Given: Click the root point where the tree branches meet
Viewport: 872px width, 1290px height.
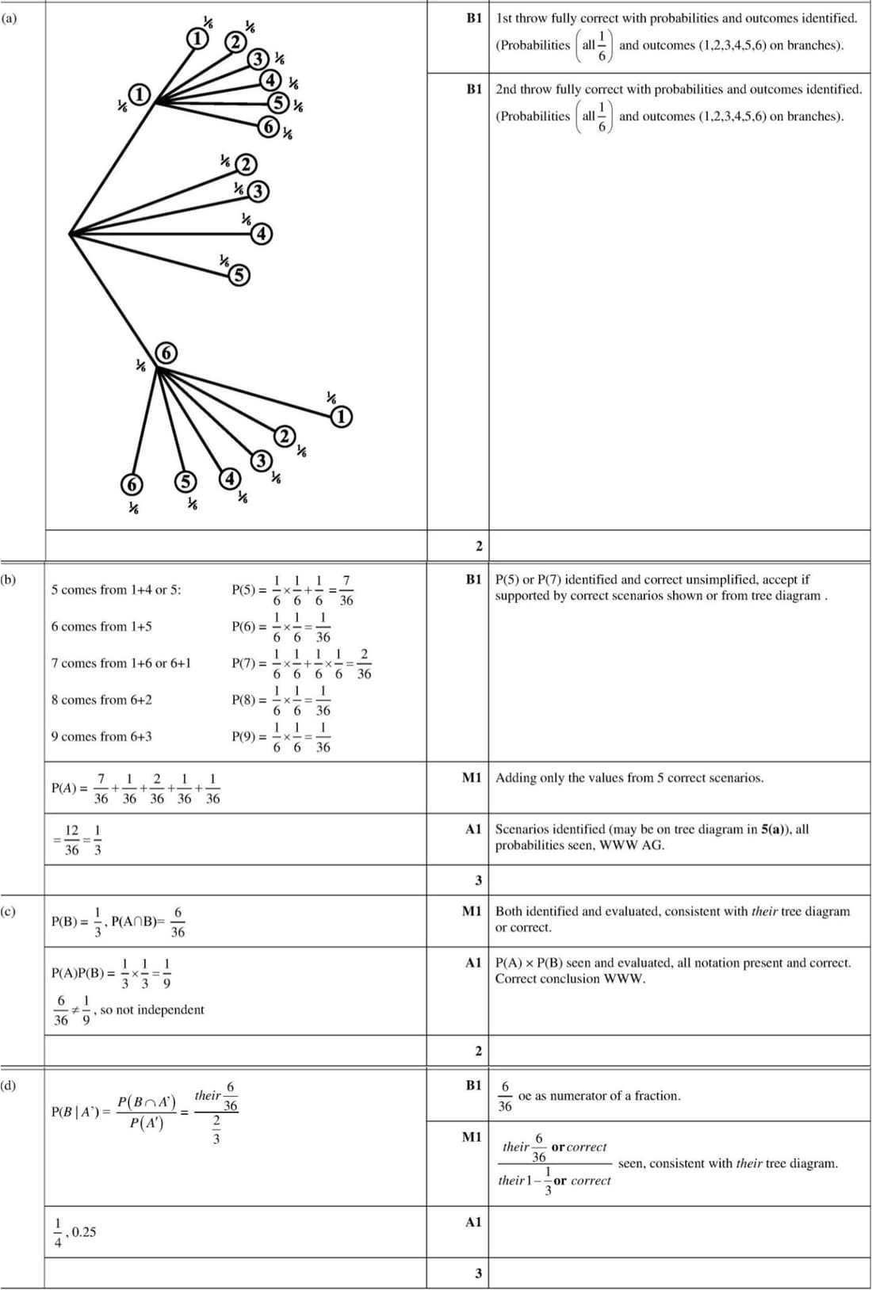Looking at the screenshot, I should [x=71, y=233].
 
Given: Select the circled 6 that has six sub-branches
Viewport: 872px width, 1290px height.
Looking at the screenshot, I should [x=166, y=353].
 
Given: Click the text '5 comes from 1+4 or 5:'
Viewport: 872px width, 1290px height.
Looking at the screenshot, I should [x=116, y=590].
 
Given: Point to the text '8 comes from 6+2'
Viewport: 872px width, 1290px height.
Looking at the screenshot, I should [x=101, y=700].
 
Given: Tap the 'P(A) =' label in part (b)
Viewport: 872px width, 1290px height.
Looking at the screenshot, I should [x=69, y=788].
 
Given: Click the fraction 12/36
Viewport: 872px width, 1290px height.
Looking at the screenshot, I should [x=71, y=840].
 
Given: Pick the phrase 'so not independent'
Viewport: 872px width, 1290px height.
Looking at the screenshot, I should [x=151, y=1009].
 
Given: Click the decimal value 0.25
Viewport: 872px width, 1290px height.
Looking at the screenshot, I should [x=83, y=1231].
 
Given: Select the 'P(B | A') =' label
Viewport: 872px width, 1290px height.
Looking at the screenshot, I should [x=81, y=1112].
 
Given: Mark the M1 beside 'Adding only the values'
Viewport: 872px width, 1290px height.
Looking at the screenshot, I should [x=472, y=777].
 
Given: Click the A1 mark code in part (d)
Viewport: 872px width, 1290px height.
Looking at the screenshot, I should [x=473, y=1222].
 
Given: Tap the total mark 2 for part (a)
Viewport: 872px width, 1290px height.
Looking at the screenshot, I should [x=478, y=546].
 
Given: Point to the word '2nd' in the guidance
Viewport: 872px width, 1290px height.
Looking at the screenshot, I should [x=507, y=90].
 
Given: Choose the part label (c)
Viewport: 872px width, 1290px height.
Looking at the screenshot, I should [x=8, y=911].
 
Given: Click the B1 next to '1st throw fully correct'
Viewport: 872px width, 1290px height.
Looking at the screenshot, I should [x=474, y=17].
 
